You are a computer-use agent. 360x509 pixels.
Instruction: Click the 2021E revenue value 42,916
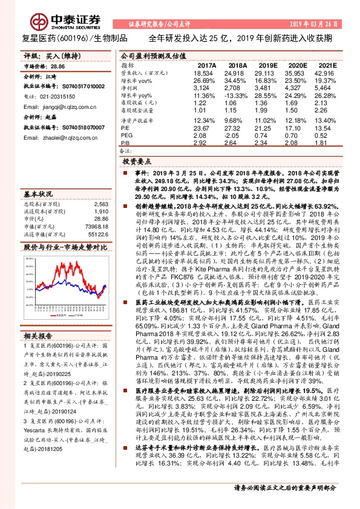click(324, 72)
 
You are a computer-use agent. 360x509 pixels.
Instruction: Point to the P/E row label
click(125, 128)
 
